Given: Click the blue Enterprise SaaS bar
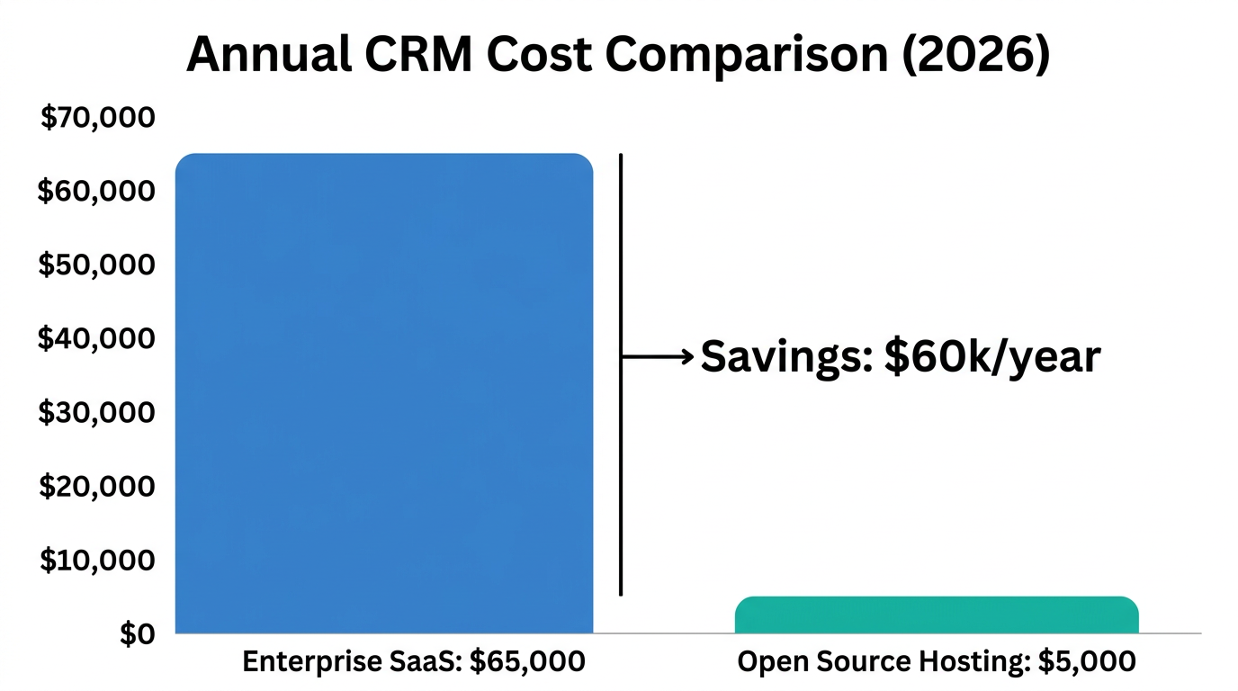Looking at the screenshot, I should [384, 393].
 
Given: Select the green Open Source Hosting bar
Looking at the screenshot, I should [937, 615].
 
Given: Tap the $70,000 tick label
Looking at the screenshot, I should [98, 118].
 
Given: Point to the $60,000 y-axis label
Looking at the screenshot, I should [96, 192].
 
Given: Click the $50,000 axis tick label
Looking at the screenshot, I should [96, 265].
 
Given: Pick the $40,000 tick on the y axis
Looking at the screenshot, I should [96, 339].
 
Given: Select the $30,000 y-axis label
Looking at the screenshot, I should [96, 413].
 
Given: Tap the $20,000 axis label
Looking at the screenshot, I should [96, 487].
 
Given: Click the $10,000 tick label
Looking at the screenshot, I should [96, 561].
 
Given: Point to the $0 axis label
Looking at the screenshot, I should [138, 634].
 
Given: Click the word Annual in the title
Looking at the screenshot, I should [269, 56].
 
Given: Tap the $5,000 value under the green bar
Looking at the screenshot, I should [1087, 662].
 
